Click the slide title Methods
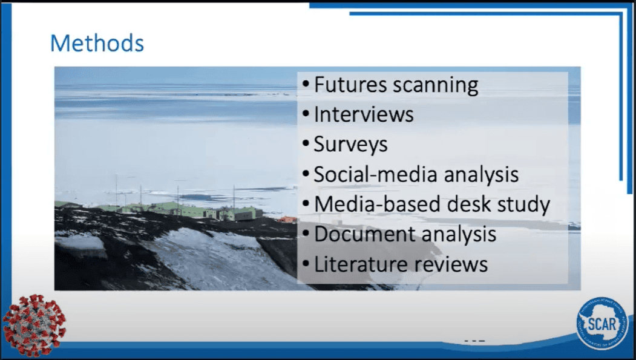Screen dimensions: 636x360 pyautogui.click(x=97, y=43)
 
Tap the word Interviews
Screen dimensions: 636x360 pyautogui.click(x=364, y=114)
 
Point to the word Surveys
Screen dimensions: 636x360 pyautogui.click(x=351, y=145)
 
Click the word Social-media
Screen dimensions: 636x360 pyautogui.click(x=375, y=174)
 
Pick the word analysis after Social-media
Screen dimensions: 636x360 pyautogui.click(x=481, y=175)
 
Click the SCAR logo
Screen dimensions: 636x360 pyautogui.click(x=602, y=324)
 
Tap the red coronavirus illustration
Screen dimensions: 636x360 pyautogui.click(x=34, y=325)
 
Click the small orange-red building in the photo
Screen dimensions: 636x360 pyautogui.click(x=287, y=219)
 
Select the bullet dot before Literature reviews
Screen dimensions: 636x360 pyautogui.click(x=306, y=264)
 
